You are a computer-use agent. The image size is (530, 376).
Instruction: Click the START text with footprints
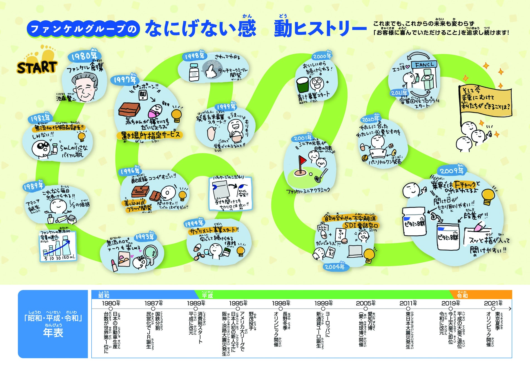(x=37, y=67)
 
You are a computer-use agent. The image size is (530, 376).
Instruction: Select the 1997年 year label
(x=125, y=80)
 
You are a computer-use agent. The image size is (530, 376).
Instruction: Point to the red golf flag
(x=302, y=160)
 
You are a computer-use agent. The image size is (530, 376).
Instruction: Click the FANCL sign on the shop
(x=424, y=65)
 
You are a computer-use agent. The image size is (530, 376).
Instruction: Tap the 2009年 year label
(x=451, y=170)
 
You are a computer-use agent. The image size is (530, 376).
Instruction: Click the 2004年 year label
(x=334, y=267)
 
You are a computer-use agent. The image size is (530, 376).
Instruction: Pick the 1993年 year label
(x=145, y=237)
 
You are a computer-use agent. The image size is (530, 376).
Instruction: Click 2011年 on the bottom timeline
(x=408, y=303)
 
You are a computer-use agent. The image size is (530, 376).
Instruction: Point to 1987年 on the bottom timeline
(x=153, y=303)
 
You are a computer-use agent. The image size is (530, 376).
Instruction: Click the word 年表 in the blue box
(x=53, y=333)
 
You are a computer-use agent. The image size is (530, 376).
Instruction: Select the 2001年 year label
(x=303, y=138)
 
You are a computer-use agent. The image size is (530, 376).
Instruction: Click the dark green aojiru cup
(x=303, y=85)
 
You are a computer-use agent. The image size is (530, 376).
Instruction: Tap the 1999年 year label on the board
(x=226, y=107)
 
